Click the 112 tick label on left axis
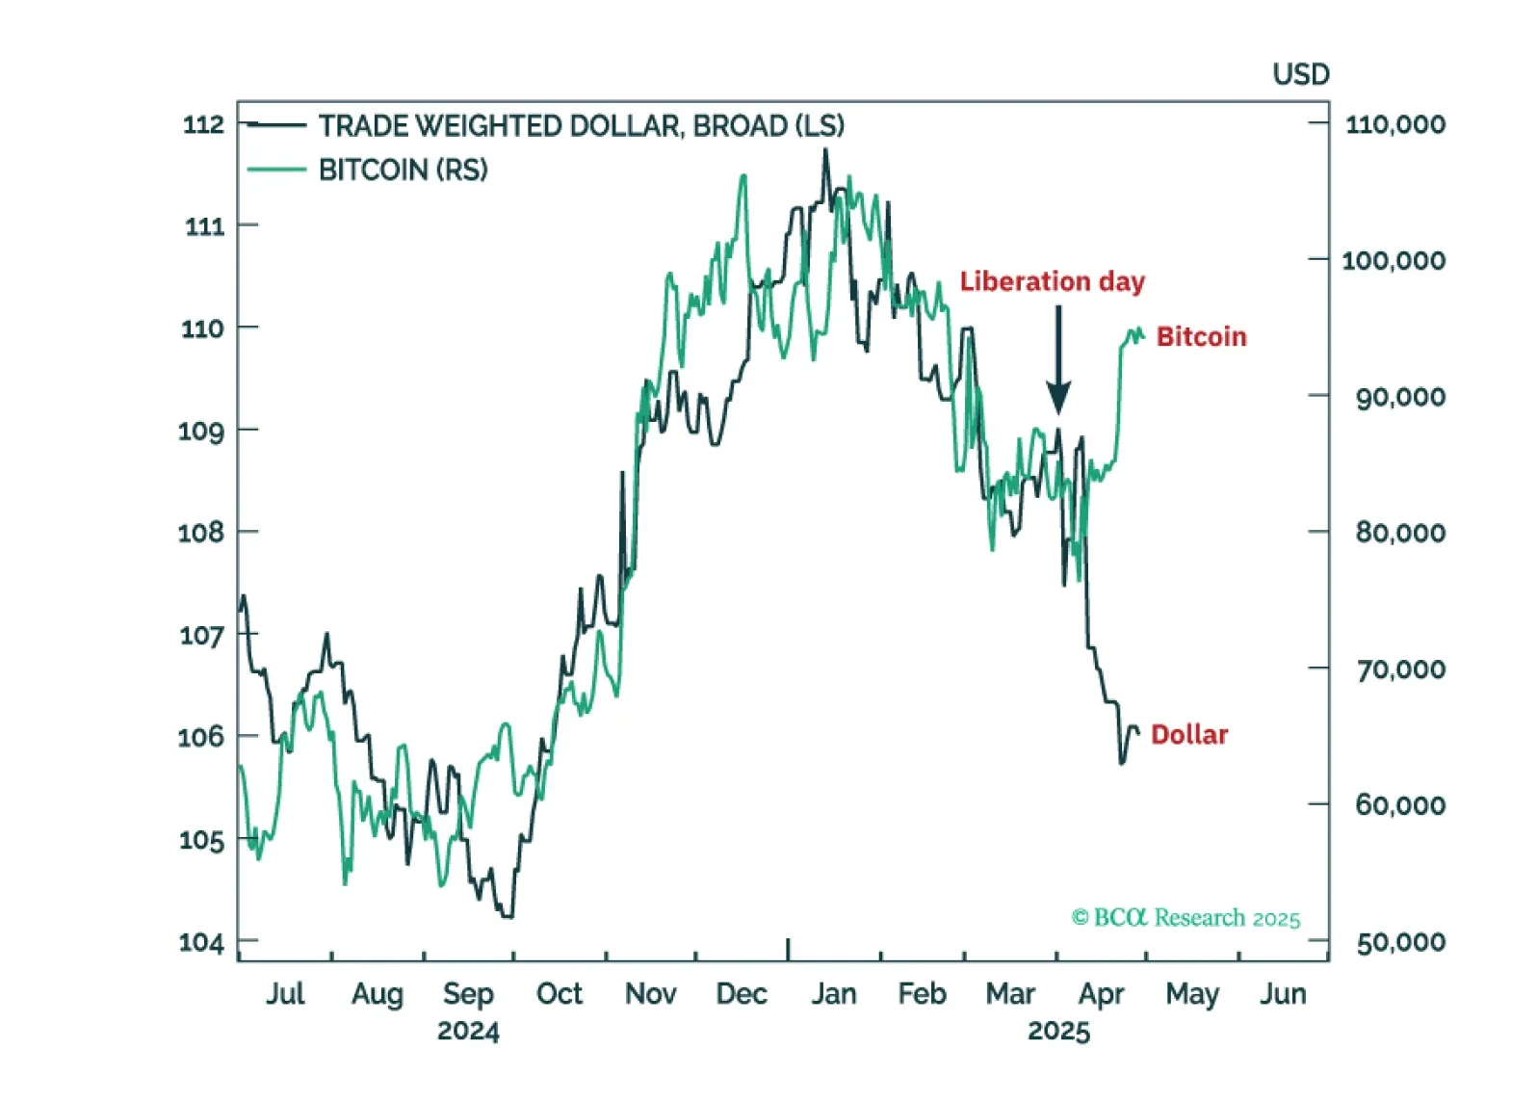(x=203, y=124)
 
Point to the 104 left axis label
(x=201, y=941)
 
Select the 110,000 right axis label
(x=1394, y=124)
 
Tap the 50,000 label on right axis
(x=1400, y=942)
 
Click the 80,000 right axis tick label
(x=1400, y=533)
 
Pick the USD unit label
(x=1300, y=74)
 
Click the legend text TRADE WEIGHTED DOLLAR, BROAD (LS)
(x=581, y=126)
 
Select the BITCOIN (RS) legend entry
(x=403, y=171)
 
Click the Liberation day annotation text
(x=1052, y=281)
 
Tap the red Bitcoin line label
(x=1201, y=336)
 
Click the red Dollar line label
(x=1189, y=734)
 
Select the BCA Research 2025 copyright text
(x=1185, y=917)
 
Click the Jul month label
(x=285, y=993)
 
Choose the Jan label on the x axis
(x=833, y=993)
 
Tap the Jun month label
(x=1283, y=993)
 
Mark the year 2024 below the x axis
(x=468, y=1031)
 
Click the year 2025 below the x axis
(x=1058, y=1031)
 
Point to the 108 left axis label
(x=201, y=533)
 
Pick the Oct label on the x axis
(x=560, y=993)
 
